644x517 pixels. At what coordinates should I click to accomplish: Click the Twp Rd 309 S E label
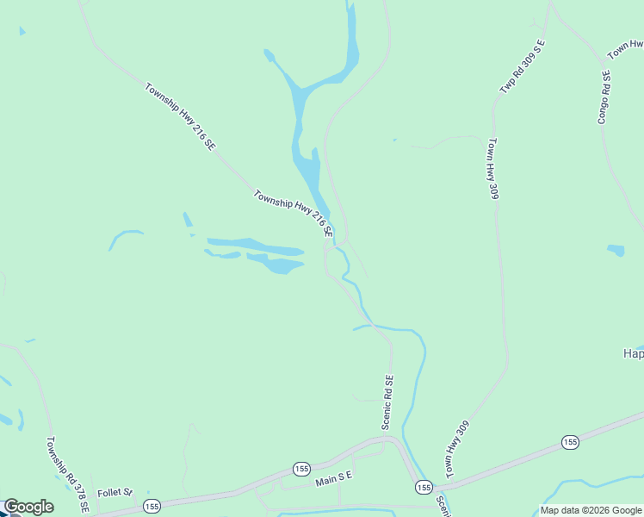pyautogui.click(x=523, y=66)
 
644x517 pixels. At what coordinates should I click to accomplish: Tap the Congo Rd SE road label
pyautogui.click(x=604, y=97)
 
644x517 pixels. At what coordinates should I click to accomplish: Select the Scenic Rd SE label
pyautogui.click(x=387, y=402)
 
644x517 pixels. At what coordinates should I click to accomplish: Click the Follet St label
pyautogui.click(x=115, y=493)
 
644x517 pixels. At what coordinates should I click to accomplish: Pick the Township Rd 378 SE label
pyautogui.click(x=67, y=474)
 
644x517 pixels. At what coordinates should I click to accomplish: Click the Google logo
pyautogui.click(x=28, y=507)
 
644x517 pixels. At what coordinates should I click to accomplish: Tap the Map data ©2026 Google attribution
pyautogui.click(x=591, y=510)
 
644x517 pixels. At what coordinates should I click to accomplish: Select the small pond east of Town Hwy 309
pyautogui.click(x=616, y=251)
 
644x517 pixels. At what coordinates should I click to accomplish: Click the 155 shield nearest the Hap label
pyautogui.click(x=570, y=442)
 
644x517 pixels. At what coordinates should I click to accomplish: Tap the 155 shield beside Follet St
pyautogui.click(x=152, y=505)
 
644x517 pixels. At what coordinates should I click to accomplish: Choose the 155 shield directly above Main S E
pyautogui.click(x=300, y=469)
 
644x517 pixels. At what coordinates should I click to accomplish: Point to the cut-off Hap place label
pyautogui.click(x=633, y=353)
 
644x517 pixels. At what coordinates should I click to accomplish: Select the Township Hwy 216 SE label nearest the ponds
pyautogui.click(x=293, y=214)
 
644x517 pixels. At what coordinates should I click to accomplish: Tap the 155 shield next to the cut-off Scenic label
pyautogui.click(x=423, y=488)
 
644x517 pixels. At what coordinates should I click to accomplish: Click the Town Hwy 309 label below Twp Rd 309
pyautogui.click(x=493, y=169)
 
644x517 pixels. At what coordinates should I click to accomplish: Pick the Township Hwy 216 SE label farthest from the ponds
pyautogui.click(x=179, y=117)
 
